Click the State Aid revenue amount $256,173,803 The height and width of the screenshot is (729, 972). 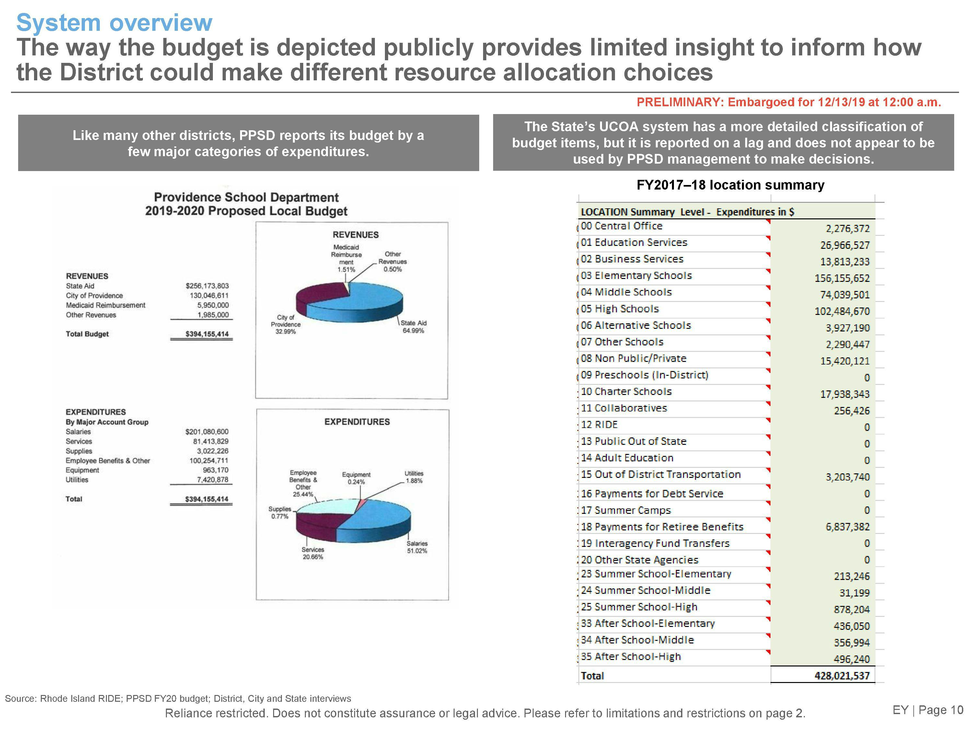point(207,286)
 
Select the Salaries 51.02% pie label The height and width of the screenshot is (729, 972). point(417,547)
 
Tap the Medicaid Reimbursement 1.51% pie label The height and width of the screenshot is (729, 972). point(346,258)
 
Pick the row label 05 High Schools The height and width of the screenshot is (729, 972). point(619,309)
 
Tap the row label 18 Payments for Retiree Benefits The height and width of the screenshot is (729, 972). point(662,527)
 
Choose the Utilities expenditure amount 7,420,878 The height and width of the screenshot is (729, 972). point(212,480)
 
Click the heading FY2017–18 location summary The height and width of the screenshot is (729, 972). point(730,185)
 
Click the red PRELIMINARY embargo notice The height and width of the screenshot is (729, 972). point(789,102)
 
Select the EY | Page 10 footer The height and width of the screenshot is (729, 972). point(928,710)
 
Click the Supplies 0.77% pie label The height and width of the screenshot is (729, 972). point(280,512)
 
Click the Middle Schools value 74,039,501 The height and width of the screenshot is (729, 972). point(845,295)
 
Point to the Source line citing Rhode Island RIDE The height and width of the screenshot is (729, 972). point(178,699)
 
